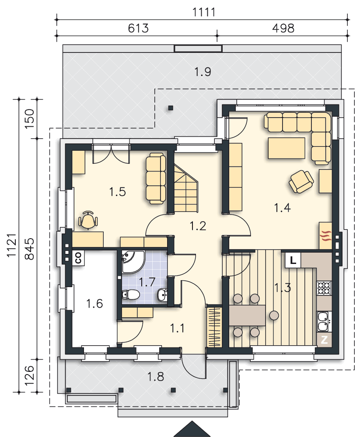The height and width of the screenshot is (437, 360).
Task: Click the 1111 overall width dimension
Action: (x=204, y=12)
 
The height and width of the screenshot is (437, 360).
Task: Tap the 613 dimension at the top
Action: (x=138, y=28)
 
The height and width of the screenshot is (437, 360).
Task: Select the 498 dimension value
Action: (x=283, y=28)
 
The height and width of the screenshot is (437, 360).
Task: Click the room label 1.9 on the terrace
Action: (x=203, y=72)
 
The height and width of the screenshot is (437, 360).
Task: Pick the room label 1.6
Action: (x=94, y=304)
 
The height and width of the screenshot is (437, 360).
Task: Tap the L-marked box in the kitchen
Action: (x=293, y=260)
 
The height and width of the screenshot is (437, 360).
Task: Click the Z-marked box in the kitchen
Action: (x=324, y=340)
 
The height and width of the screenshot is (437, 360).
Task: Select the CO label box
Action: (x=78, y=258)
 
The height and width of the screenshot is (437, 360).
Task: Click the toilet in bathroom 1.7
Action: (x=131, y=295)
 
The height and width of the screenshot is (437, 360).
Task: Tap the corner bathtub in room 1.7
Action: (x=133, y=262)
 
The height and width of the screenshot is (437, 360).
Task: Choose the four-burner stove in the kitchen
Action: (x=324, y=288)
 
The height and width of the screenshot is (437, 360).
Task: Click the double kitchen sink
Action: (x=324, y=321)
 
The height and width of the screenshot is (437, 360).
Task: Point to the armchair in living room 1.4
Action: (x=301, y=181)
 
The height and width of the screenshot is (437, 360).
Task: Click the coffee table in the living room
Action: (x=287, y=148)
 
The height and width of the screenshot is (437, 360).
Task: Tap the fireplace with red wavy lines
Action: (x=325, y=236)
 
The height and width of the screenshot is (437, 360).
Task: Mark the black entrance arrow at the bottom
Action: (x=192, y=429)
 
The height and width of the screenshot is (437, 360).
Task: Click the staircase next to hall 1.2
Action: (x=186, y=188)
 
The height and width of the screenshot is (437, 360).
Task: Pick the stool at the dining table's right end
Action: (x=274, y=315)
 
